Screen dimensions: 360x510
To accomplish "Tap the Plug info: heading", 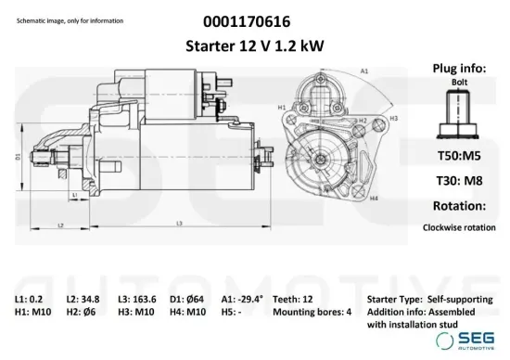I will (458, 69).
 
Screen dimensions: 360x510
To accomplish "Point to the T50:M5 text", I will (458, 157).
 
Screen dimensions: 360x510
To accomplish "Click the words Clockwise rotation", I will (458, 226).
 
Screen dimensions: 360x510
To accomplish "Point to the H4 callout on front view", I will (374, 198).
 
